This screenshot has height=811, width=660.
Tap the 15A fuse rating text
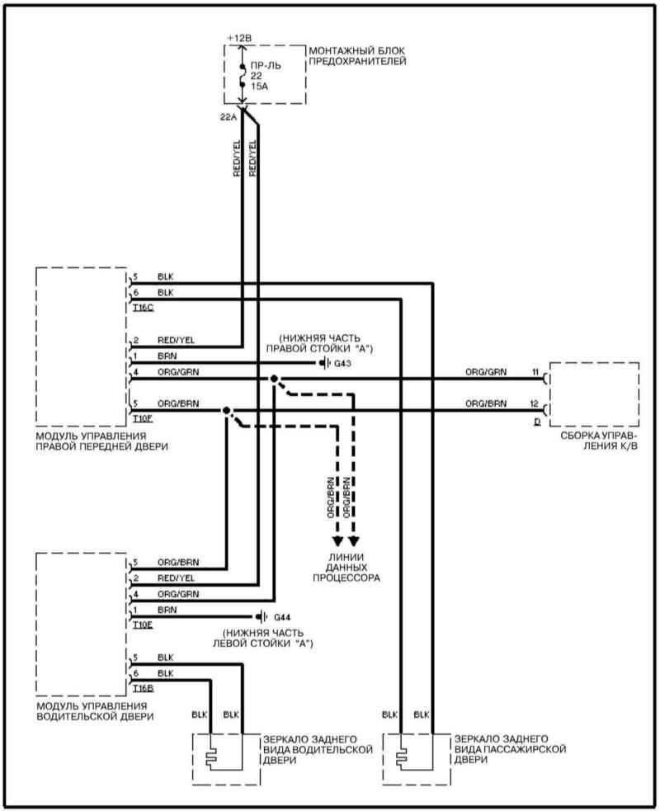coord(260,86)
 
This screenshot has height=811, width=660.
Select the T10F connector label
coord(143,418)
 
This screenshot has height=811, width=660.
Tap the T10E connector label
coord(143,625)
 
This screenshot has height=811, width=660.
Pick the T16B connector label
coord(143,686)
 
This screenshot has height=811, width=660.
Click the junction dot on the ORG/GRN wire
coord(273,379)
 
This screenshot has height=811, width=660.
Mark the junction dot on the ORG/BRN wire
coord(225,410)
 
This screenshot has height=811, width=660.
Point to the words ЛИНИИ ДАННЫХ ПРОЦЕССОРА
coord(346,567)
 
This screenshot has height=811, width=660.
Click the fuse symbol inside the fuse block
coord(242,73)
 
